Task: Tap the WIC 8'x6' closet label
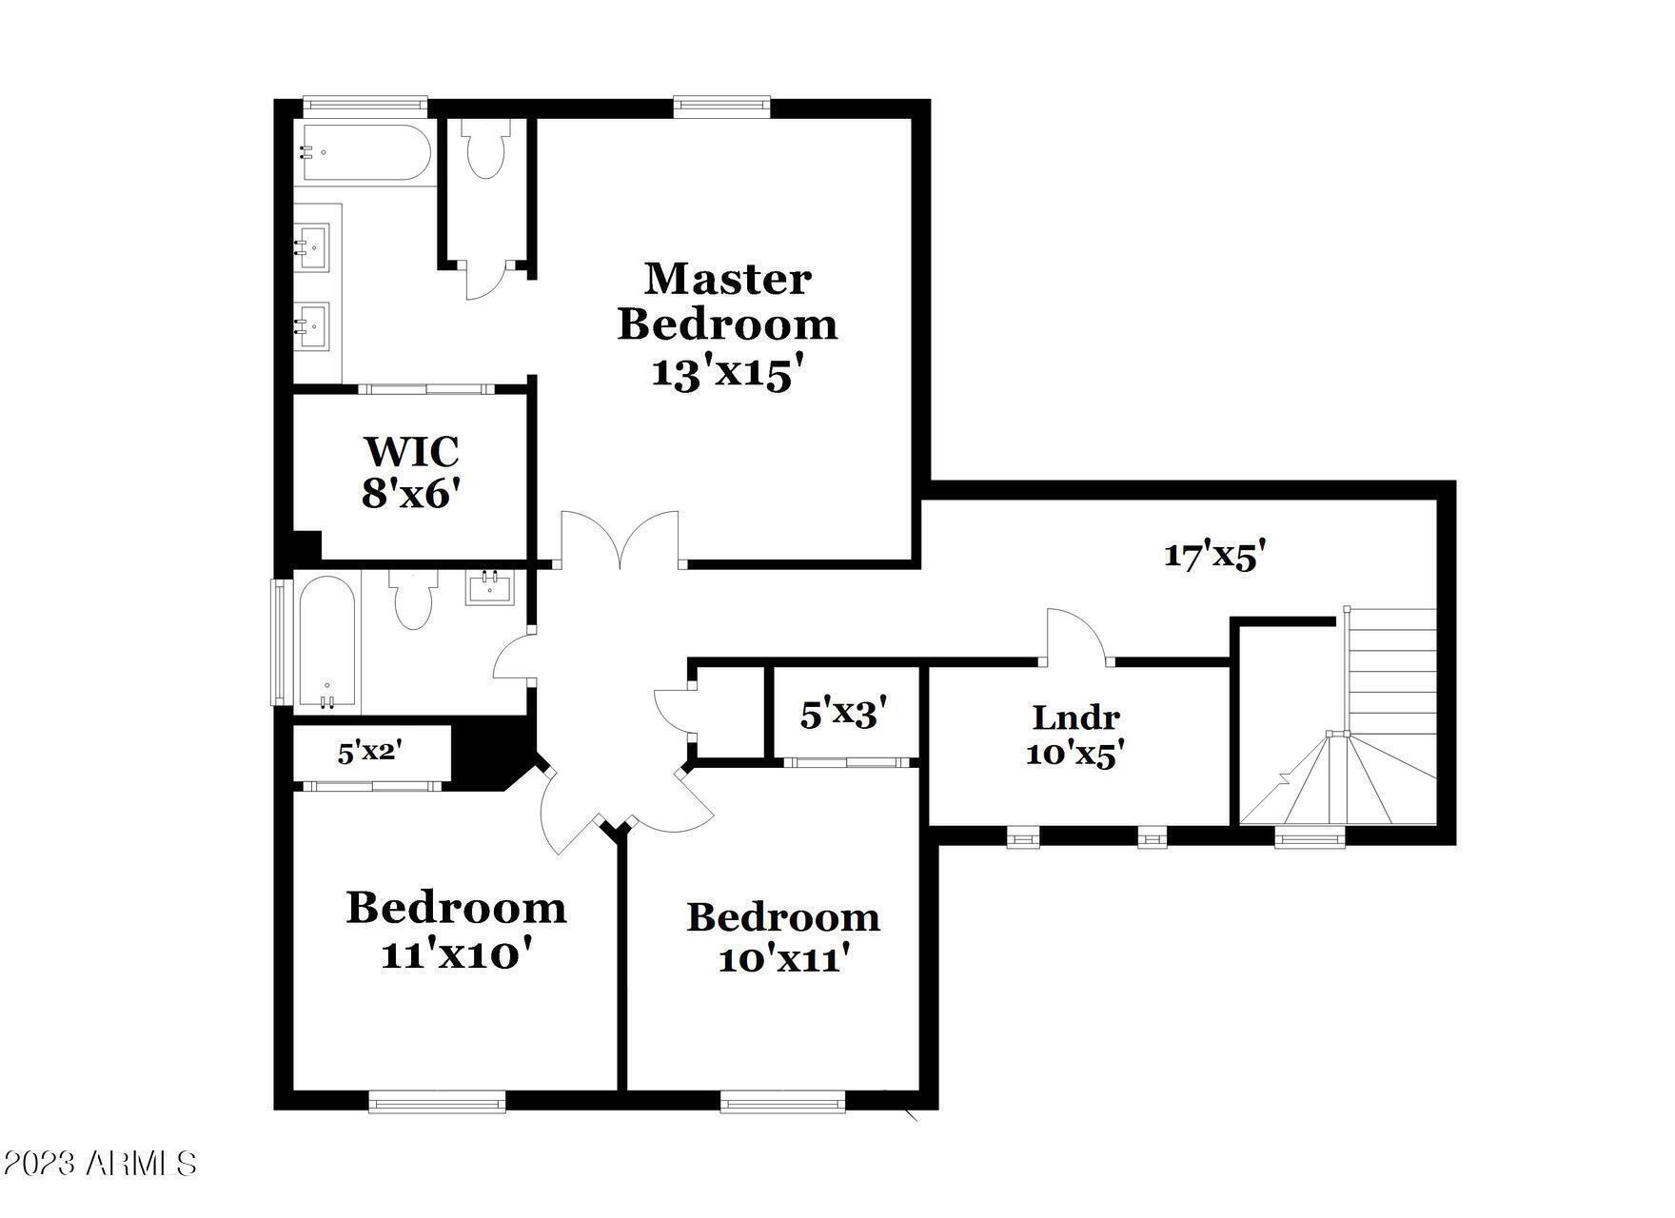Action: pos(411,472)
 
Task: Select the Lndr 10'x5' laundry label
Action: pos(1075,734)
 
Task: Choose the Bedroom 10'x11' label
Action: pos(783,938)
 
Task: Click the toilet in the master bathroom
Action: pos(486,148)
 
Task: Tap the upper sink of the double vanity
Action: pos(312,248)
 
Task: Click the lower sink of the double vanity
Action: pos(312,326)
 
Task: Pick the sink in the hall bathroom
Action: pos(489,588)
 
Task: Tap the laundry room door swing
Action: pos(1076,636)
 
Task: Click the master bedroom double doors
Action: pos(621,540)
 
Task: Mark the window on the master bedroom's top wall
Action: pos(721,106)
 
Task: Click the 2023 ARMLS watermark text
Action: pos(99,1163)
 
